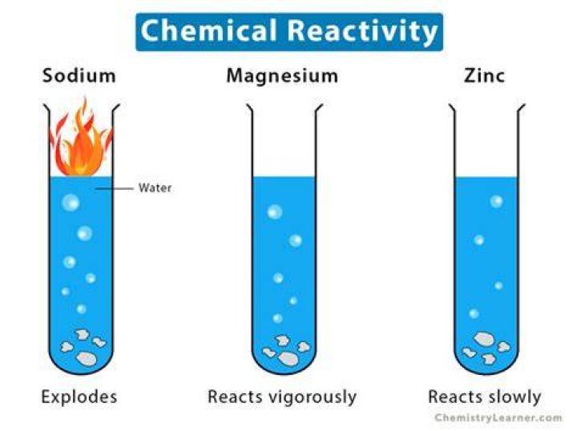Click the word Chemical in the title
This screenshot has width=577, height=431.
[208, 30]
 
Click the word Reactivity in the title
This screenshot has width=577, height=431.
[362, 31]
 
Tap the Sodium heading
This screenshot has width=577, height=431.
[79, 76]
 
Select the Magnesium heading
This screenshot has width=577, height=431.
[282, 76]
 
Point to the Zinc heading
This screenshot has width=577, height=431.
[484, 76]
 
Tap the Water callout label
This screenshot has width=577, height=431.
[155, 188]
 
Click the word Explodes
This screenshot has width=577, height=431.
[79, 397]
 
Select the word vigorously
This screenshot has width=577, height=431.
[313, 397]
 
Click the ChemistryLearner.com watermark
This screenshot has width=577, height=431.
[498, 417]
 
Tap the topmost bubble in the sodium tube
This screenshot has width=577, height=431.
[71, 202]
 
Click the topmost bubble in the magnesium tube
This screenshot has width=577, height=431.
[275, 211]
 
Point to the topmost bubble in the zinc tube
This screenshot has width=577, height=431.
[496, 201]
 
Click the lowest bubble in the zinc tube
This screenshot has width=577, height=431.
[474, 314]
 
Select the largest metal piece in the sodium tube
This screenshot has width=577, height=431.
[86, 359]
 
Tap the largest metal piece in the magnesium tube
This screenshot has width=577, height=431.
[288, 359]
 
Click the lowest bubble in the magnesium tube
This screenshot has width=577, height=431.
[278, 318]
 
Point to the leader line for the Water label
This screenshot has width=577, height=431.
[115, 188]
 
